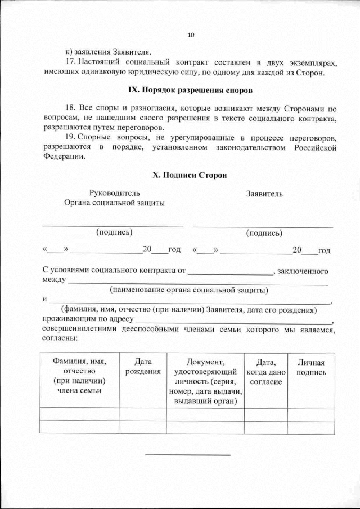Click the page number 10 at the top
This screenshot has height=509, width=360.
pos(190,35)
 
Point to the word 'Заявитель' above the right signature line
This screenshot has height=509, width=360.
pos(264,193)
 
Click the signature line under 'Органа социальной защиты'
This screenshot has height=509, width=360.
pos(114,226)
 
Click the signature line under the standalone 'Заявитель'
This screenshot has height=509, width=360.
pos(263,226)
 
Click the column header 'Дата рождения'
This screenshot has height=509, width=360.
pos(143,367)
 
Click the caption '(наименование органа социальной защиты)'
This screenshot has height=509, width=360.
pos(188,291)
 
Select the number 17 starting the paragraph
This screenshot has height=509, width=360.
pos(69,61)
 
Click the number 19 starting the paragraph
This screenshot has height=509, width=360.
pos(69,138)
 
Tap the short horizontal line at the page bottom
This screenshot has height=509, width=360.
pos(188,454)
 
